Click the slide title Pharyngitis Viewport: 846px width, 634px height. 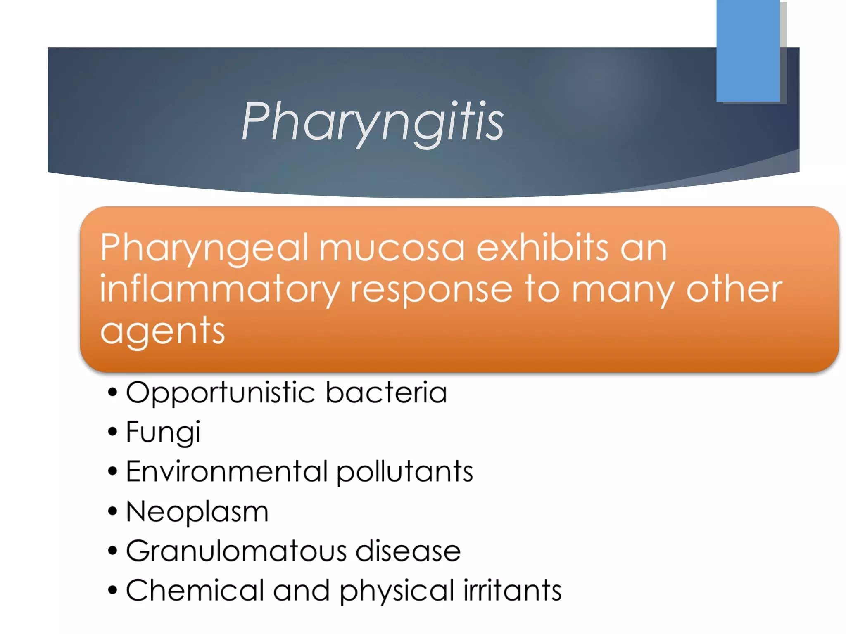pos(372,121)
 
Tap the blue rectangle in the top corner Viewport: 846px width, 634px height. pos(748,50)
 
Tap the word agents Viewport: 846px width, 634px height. pos(162,331)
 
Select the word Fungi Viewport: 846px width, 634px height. pos(163,433)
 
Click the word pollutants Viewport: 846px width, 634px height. pos(404,472)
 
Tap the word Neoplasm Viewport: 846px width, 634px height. pos(197,512)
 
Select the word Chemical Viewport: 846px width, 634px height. pos(195,590)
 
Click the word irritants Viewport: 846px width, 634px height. pos(512,590)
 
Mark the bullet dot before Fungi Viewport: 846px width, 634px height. pos(112,432)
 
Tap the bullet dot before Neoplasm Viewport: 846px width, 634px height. pos(112,512)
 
